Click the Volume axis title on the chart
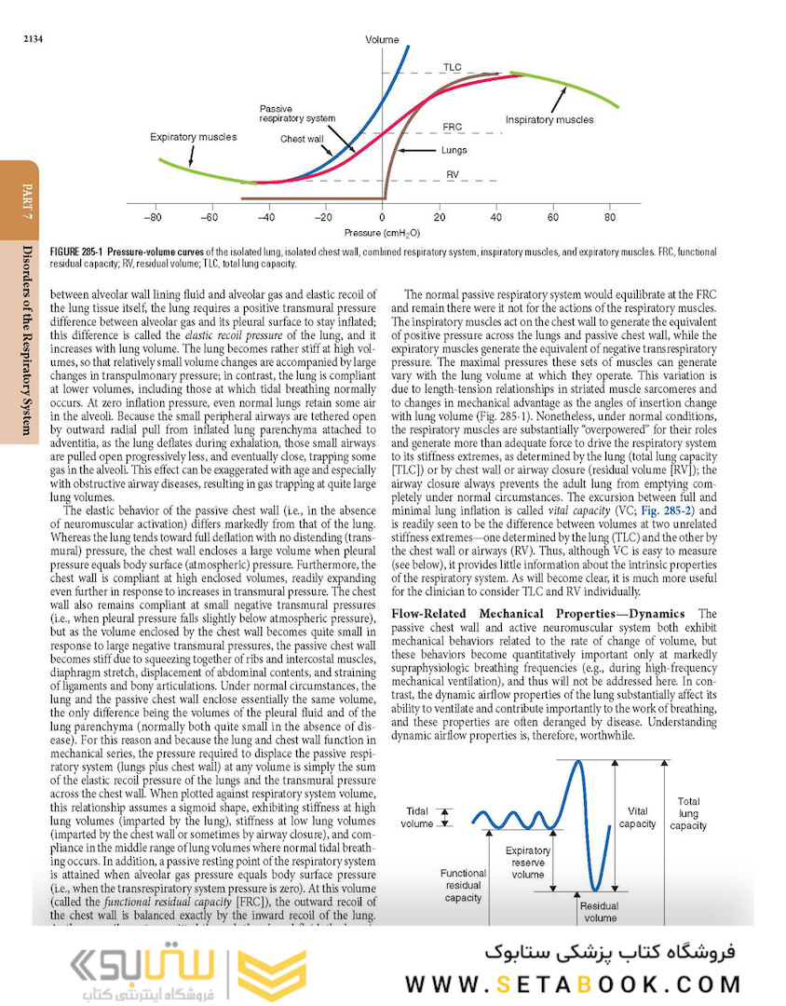click(x=382, y=40)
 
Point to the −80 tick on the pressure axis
click(x=155, y=217)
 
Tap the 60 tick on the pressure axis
click(x=553, y=217)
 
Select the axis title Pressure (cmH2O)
click(x=382, y=233)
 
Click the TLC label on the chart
click(x=453, y=68)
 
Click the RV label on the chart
click(x=453, y=174)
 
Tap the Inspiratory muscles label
click(x=549, y=120)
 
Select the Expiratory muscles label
click(x=193, y=137)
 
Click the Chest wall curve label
click(x=302, y=139)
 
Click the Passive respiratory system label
click(x=296, y=115)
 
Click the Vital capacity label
click(x=638, y=817)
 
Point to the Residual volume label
click(x=601, y=912)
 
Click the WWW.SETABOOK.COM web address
click(x=574, y=984)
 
